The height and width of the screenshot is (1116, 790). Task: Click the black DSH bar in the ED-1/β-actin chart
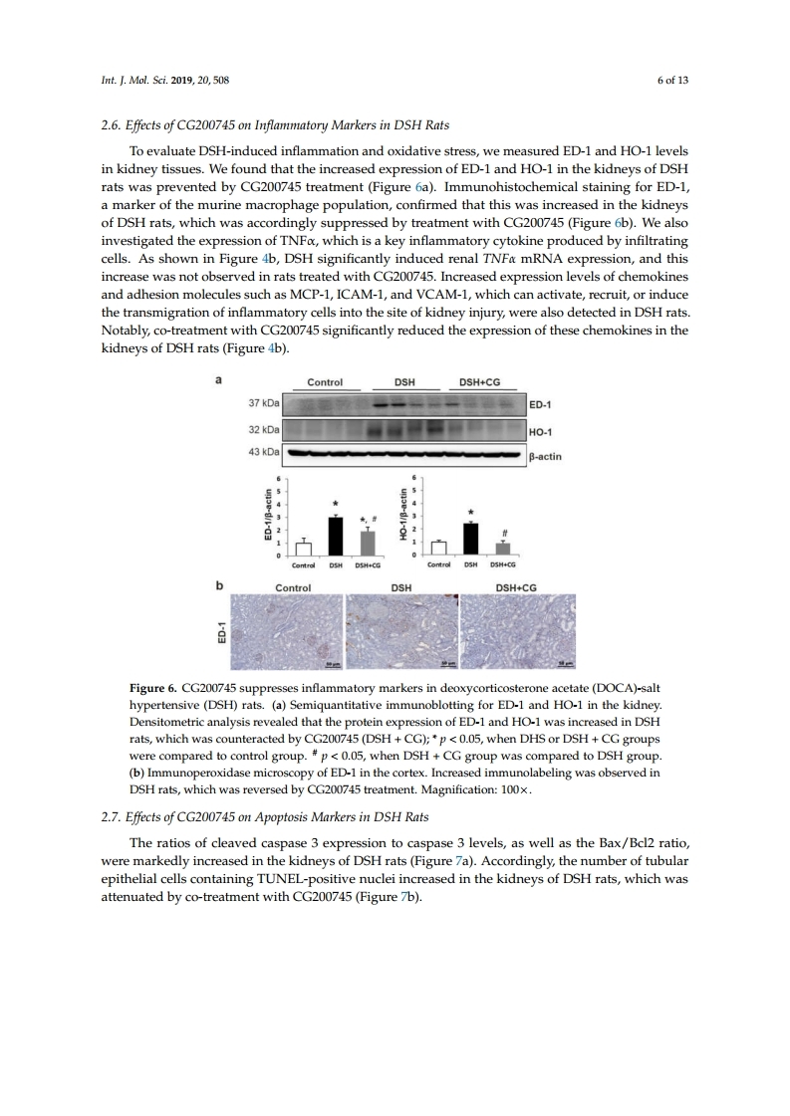[x=337, y=536]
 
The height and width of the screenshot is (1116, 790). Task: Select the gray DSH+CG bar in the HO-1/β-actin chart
[x=502, y=548]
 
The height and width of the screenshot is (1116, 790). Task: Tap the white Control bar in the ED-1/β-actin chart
[x=304, y=548]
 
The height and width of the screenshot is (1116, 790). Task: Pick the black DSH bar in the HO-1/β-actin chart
[x=470, y=539]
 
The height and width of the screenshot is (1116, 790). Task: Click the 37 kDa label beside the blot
[x=263, y=406]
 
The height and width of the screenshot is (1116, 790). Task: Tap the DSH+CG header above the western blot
[x=483, y=382]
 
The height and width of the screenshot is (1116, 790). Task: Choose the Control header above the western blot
[x=325, y=382]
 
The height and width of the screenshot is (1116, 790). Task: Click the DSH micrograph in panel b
[x=401, y=631]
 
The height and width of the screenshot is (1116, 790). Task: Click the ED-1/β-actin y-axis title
[x=268, y=516]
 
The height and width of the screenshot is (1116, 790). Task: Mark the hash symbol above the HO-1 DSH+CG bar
[x=505, y=532]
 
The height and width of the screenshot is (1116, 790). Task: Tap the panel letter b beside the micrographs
[x=220, y=586]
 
